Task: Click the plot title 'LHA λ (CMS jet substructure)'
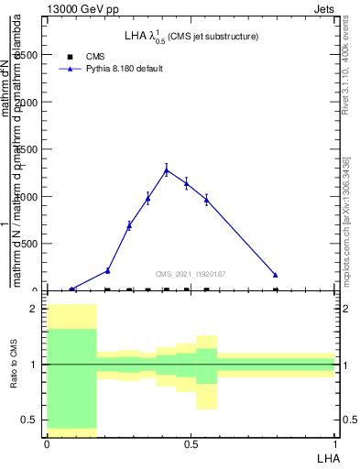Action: tap(191, 37)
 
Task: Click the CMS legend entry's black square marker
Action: tap(71, 57)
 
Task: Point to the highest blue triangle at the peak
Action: tap(166, 169)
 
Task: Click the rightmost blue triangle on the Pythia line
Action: tap(276, 275)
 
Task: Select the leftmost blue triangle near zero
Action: tap(72, 289)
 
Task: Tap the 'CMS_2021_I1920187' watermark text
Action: tap(191, 274)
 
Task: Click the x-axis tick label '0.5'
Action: tap(191, 443)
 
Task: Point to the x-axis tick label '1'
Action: tap(335, 443)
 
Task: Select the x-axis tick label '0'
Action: tap(47, 443)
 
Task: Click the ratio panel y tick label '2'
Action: tap(33, 310)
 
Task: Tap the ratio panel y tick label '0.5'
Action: tap(29, 420)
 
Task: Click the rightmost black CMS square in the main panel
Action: tap(276, 289)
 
